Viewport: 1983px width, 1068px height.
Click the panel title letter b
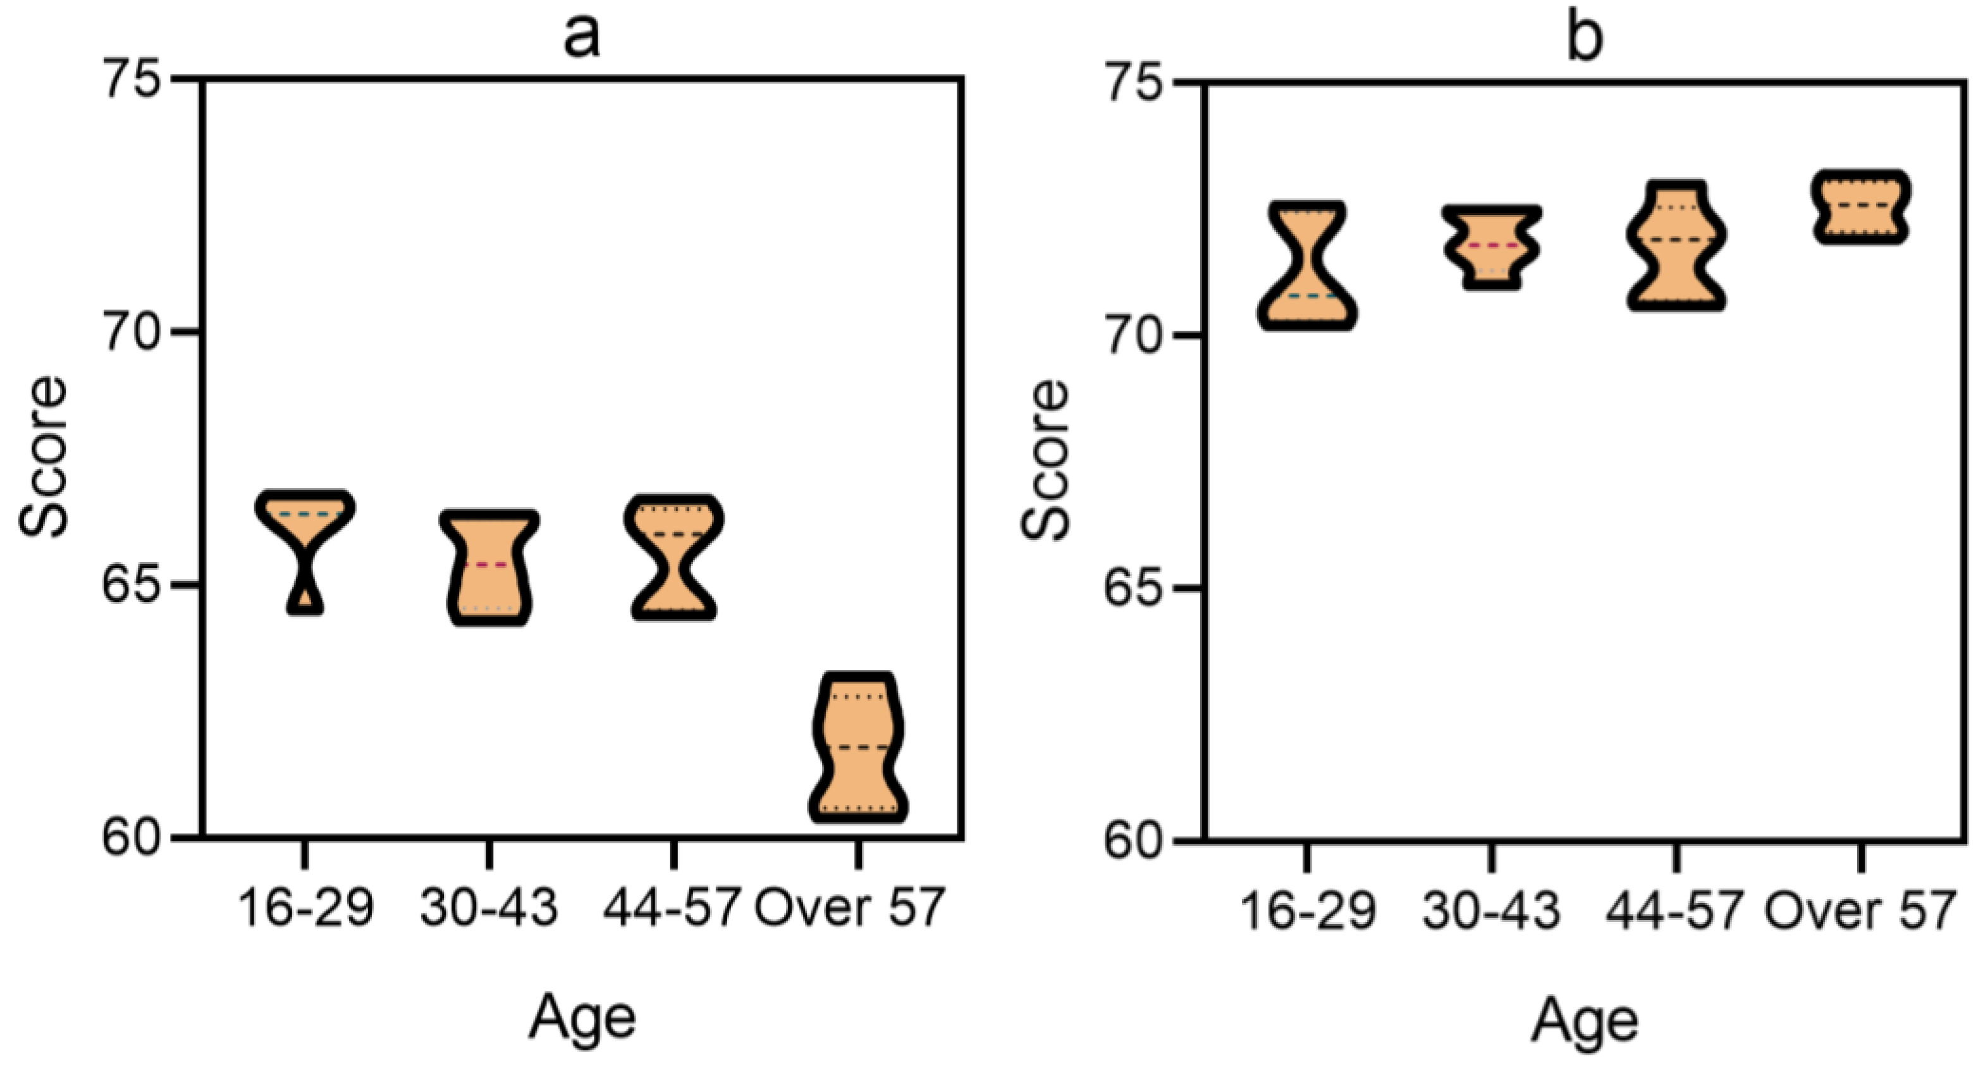coord(1584,39)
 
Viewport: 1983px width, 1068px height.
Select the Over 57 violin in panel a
coord(857,747)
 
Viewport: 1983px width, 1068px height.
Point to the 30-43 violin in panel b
coord(1492,247)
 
